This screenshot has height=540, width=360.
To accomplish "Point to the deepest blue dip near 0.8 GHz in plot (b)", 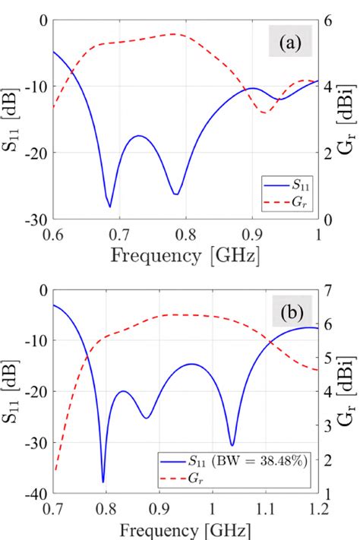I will click(x=103, y=482).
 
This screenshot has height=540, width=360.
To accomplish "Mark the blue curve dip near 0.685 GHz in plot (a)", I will click(x=109, y=206).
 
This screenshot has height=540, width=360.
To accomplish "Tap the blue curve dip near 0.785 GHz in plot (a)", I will click(x=175, y=194).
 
